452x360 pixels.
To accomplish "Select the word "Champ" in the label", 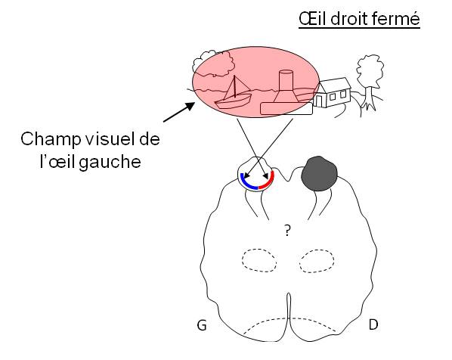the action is [x=51, y=140].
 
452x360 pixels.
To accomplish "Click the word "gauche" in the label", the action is [x=110, y=162].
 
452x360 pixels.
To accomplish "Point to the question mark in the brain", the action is [x=287, y=231].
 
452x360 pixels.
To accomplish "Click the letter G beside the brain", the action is [x=202, y=325].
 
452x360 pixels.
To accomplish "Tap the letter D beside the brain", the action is [x=373, y=324].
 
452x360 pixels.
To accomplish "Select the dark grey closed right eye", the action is [x=319, y=174].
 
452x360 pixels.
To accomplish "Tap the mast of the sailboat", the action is [x=235, y=86].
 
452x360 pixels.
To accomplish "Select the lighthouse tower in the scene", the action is [x=286, y=86].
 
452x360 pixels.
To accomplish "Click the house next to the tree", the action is [x=332, y=92].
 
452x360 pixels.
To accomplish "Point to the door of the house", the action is [x=319, y=101].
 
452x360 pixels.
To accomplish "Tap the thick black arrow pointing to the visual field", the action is [x=178, y=113].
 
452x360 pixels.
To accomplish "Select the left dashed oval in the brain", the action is [x=259, y=260].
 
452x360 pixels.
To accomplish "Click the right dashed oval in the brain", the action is [x=317, y=261].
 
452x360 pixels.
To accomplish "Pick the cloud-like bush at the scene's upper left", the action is [x=213, y=64].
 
